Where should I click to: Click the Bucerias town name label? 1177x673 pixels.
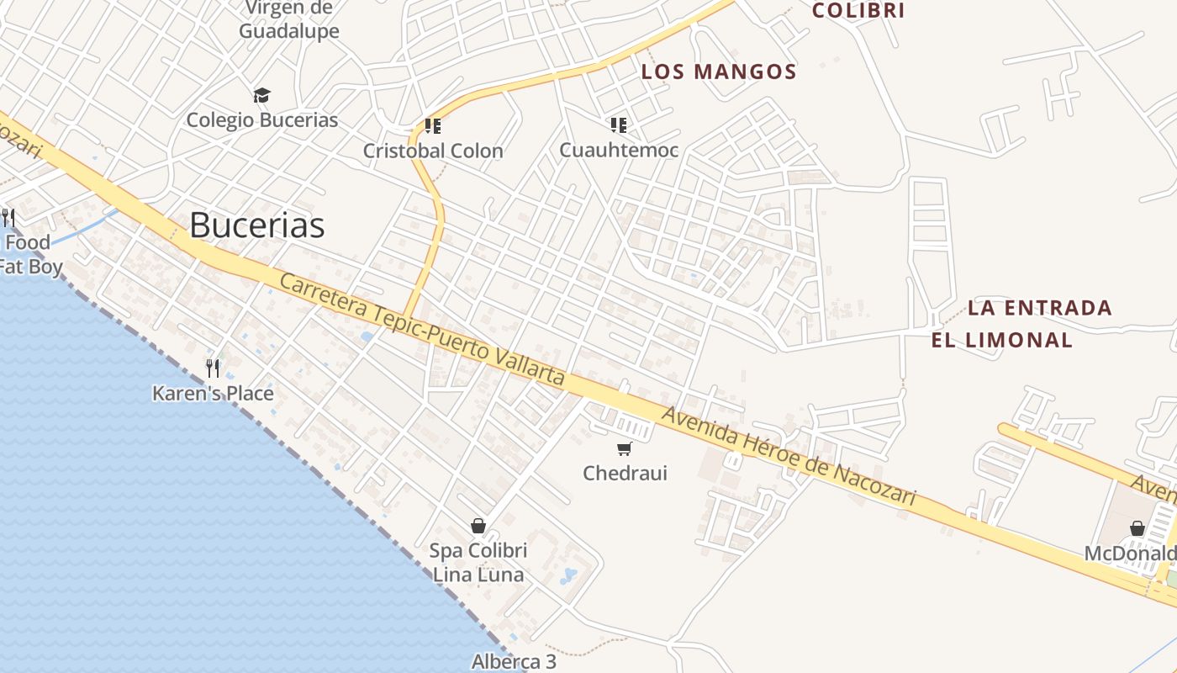[x=256, y=225]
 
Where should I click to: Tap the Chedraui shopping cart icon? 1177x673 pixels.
[x=624, y=449]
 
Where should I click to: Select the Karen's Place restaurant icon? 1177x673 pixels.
[x=213, y=368]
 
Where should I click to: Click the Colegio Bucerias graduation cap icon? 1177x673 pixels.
[x=262, y=95]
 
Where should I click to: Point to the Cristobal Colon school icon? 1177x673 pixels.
[x=433, y=126]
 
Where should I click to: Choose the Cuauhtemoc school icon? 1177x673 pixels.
[x=619, y=125]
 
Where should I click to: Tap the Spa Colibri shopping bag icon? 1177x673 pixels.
[x=478, y=526]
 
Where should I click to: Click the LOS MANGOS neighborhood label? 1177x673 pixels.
[x=719, y=72]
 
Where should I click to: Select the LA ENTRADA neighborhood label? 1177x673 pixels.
[x=1040, y=308]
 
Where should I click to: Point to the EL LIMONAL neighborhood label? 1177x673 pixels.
[x=1001, y=340]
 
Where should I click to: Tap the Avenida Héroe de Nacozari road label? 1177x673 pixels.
[x=788, y=457]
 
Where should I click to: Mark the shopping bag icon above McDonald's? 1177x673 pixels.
[x=1137, y=528]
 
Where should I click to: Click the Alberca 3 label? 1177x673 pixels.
[x=514, y=662]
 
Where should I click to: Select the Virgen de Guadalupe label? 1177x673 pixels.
[x=289, y=20]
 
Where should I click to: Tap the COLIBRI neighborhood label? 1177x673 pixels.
[x=858, y=11]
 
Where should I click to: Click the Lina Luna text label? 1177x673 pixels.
[x=478, y=575]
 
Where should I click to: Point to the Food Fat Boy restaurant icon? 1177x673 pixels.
[x=8, y=218]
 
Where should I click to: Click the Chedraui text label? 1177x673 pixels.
[x=625, y=473]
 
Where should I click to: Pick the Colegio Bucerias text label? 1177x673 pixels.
[x=262, y=119]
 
